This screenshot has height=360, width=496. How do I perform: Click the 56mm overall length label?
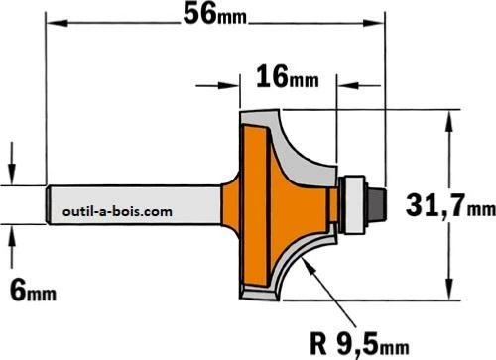click(x=215, y=14)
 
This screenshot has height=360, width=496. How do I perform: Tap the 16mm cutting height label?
click(x=288, y=77)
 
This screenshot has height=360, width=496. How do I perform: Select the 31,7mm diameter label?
click(x=450, y=205)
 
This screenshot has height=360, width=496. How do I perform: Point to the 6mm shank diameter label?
click(x=33, y=290)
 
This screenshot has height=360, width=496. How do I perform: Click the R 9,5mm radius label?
click(x=360, y=344)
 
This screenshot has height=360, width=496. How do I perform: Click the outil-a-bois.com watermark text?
click(x=117, y=211)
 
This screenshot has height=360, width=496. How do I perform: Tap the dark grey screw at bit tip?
click(x=377, y=204)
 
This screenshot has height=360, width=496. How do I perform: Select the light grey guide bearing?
click(x=353, y=204)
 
